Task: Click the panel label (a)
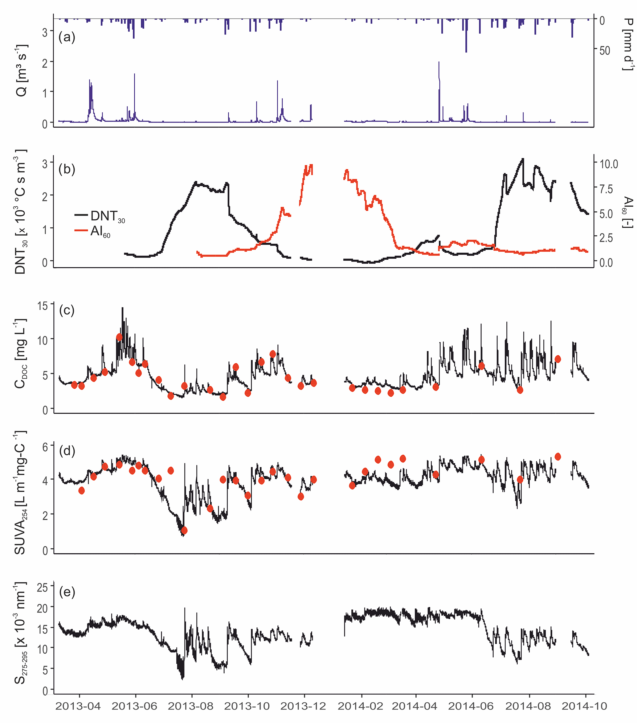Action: tap(67, 37)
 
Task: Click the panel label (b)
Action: tap(67, 169)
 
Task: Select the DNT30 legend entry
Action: tap(100, 216)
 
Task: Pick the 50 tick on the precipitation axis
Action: tap(605, 51)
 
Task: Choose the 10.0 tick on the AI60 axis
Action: tap(609, 164)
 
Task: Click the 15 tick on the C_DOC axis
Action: tap(43, 305)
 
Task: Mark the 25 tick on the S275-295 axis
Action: tap(43, 588)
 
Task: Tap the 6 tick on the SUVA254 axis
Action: tap(45, 447)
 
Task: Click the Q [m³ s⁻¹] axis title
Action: tap(21, 70)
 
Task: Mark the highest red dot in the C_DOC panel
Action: tap(120, 337)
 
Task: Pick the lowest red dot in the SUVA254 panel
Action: tap(184, 531)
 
